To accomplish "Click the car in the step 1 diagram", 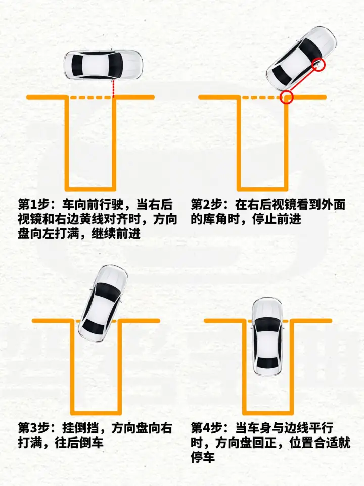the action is (103, 65).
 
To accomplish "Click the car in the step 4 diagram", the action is (267, 336).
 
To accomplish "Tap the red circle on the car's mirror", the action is (318, 64).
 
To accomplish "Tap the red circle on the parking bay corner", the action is (286, 98).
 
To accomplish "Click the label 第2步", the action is (206, 205).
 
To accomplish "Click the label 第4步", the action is (206, 428).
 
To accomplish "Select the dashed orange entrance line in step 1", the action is (90, 98).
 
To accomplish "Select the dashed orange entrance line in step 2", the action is (262, 98).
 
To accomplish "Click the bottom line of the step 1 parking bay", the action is (90, 189).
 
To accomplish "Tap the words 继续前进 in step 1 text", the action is (116, 233).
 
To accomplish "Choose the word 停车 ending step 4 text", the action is (203, 457).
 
